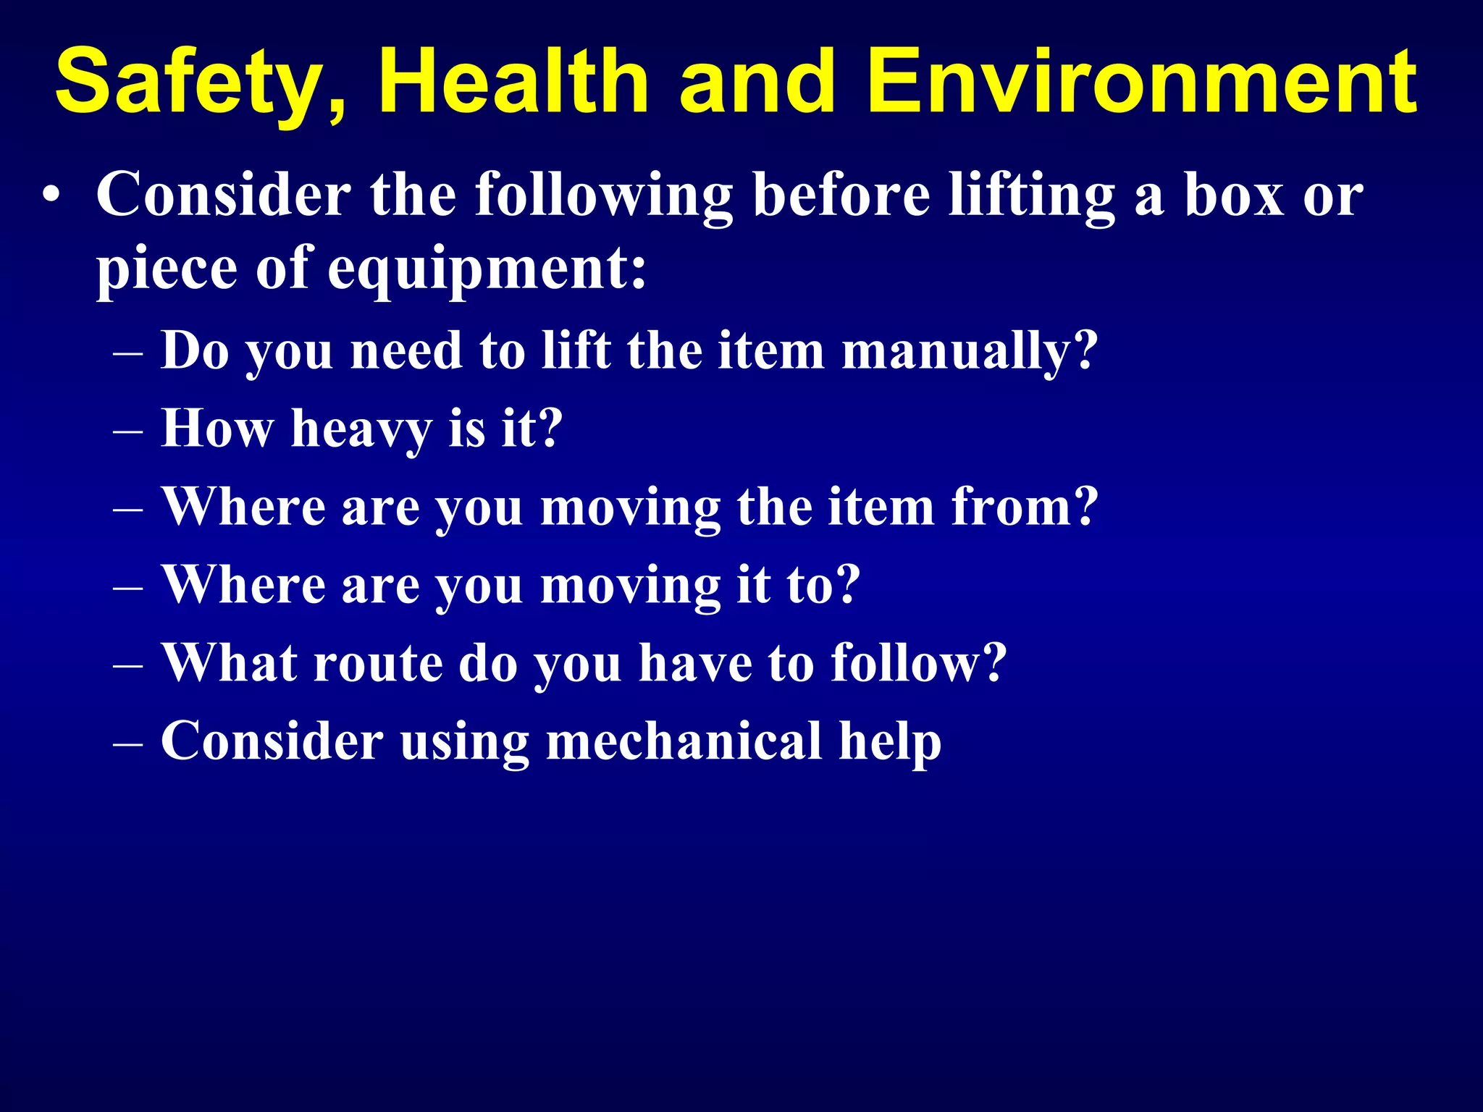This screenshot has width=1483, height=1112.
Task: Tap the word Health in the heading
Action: coord(512,81)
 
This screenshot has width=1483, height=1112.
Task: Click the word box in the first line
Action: coord(1234,194)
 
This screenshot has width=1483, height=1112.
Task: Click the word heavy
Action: coord(361,429)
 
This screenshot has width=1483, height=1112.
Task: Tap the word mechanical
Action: coord(684,741)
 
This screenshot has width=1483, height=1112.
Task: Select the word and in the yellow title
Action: coord(757,81)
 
